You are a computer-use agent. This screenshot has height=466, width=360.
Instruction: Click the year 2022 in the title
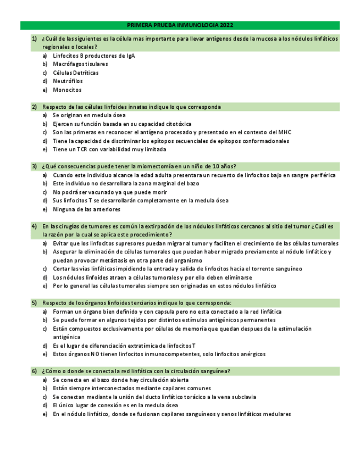click(226, 25)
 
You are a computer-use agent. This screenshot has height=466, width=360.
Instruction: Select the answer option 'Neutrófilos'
click(68, 81)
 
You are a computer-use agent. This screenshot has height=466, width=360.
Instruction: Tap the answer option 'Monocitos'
click(67, 90)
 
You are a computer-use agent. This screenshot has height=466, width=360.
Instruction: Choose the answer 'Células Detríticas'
click(76, 73)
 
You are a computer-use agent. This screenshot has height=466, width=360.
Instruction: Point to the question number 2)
click(34, 107)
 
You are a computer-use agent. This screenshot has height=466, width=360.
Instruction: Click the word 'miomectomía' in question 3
click(151, 167)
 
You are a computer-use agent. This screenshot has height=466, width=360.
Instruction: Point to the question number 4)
click(34, 226)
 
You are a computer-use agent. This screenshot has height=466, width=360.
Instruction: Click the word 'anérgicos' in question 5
click(253, 354)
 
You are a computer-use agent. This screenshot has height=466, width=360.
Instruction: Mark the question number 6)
click(34, 371)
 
